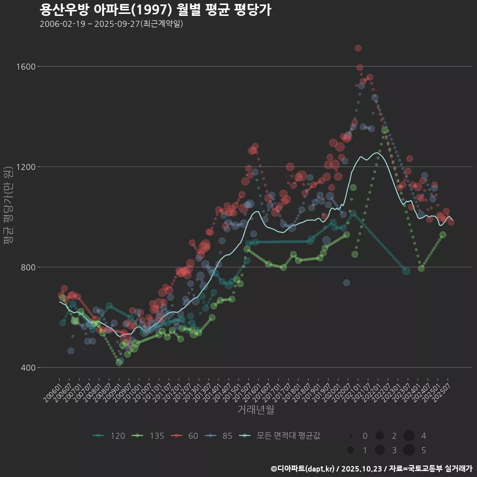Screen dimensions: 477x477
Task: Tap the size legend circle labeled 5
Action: (409, 450)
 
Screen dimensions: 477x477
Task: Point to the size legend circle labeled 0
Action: (351, 436)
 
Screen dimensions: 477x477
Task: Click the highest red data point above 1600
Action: (358, 48)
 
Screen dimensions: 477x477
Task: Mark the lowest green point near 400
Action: (119, 362)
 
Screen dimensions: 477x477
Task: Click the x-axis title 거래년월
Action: (255, 410)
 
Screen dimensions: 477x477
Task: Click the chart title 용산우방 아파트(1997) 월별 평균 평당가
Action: (155, 10)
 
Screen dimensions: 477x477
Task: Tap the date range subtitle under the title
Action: (111, 24)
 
